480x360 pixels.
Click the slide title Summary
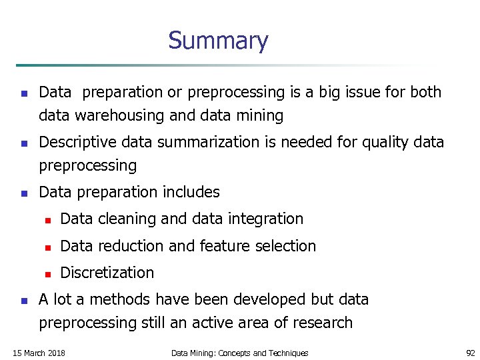click(218, 41)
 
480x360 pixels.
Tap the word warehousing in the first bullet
click(120, 116)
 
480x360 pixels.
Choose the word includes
click(189, 193)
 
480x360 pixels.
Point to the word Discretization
click(107, 273)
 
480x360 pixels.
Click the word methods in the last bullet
click(116, 299)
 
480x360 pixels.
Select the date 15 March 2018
click(39, 353)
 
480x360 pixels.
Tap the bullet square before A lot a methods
click(23, 301)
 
